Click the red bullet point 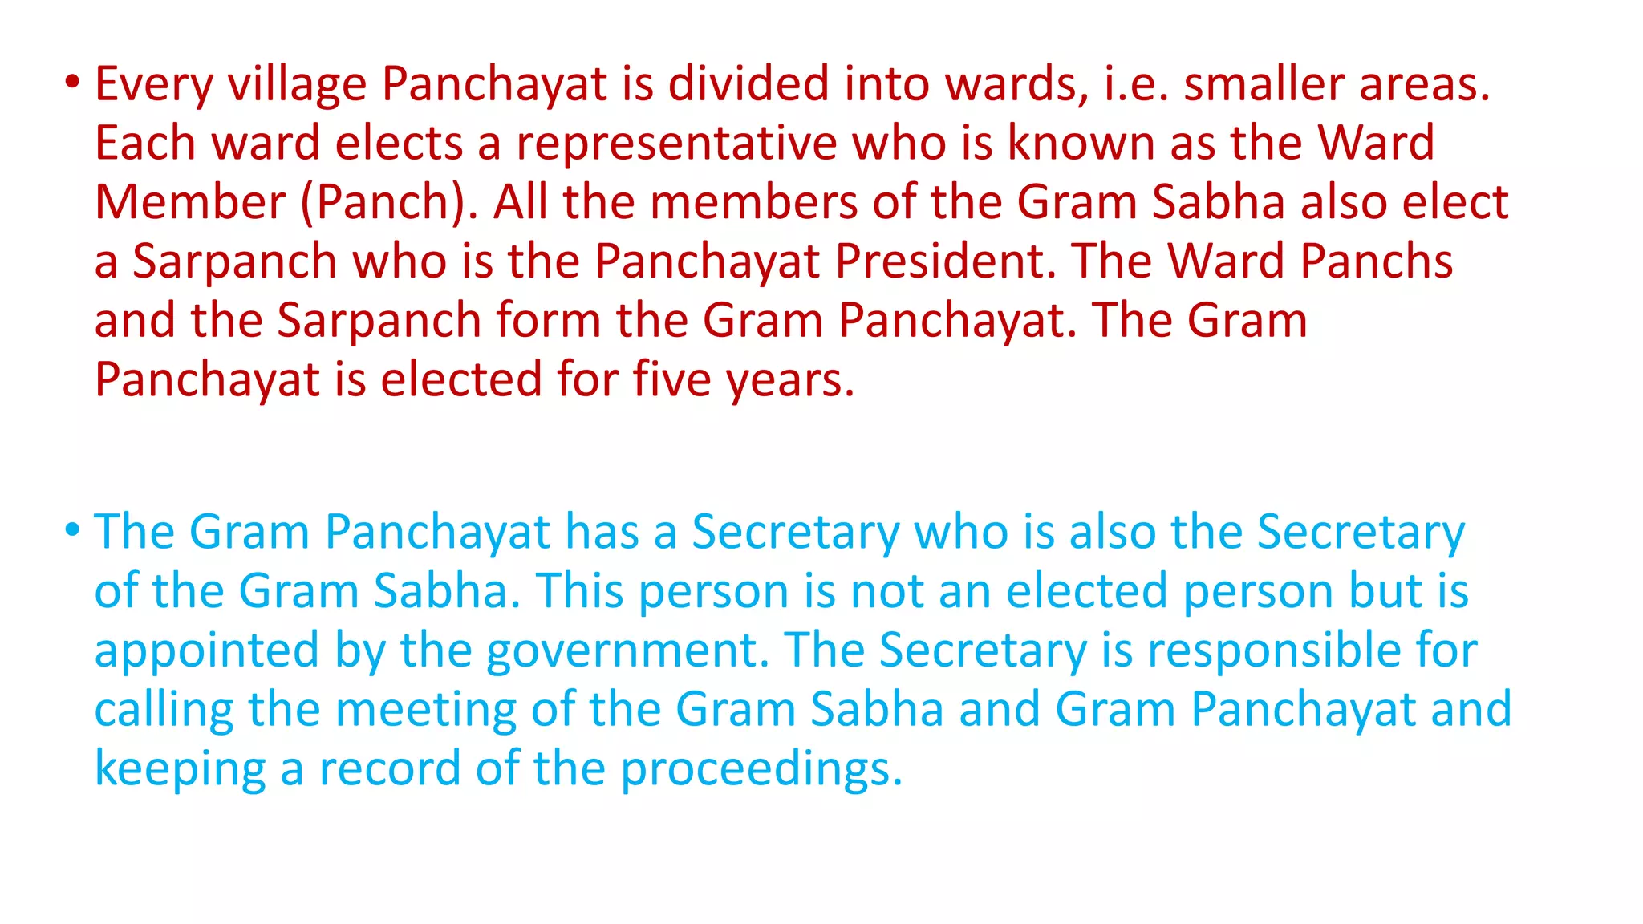tap(72, 83)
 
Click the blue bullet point tap(72, 530)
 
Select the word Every tap(153, 84)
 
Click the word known tap(1081, 144)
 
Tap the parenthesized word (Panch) tap(388, 202)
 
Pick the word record tap(390, 768)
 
